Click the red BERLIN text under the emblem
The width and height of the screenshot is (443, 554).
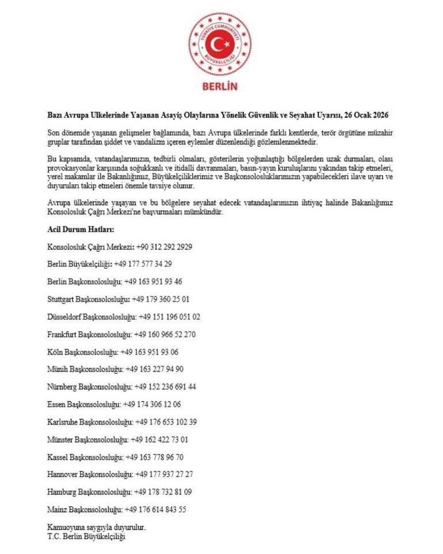coord(221,86)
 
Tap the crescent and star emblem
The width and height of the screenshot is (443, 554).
coord(220,44)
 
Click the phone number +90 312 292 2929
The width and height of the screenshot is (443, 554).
coord(165,247)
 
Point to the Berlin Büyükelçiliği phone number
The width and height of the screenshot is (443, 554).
coord(143,264)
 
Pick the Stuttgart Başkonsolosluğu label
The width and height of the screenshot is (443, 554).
coord(88,299)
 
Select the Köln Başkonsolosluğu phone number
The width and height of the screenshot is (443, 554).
coord(151,352)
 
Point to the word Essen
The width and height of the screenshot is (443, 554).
coord(56,404)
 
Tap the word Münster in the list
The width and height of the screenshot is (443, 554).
coord(59,440)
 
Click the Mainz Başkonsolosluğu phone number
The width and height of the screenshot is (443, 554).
coord(156,510)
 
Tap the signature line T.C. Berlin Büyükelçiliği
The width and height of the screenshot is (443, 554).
coord(86,536)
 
